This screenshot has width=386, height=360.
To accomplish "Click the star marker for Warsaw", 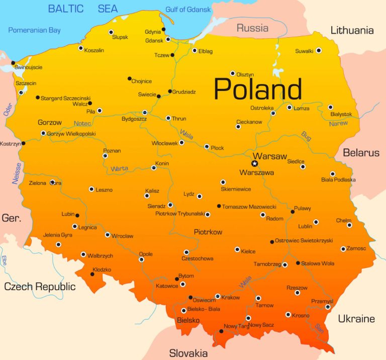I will [x=254, y=163].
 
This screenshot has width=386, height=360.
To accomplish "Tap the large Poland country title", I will [x=258, y=89].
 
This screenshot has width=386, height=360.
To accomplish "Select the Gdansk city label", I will [x=154, y=40].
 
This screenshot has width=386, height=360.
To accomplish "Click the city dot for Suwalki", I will [x=319, y=51].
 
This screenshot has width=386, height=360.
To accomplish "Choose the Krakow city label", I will [x=230, y=298].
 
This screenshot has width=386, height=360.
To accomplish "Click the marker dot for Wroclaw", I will [x=108, y=235].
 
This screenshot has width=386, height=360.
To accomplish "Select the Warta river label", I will [x=119, y=168].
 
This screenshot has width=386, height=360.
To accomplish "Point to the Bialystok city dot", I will [x=330, y=107].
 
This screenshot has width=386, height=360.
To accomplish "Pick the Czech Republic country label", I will [x=40, y=287].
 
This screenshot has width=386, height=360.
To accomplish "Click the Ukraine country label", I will [x=356, y=319].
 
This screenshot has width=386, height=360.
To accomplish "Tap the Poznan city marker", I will [x=105, y=156].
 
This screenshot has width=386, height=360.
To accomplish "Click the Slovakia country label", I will [x=188, y=352].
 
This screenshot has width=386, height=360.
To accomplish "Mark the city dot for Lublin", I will [x=316, y=222].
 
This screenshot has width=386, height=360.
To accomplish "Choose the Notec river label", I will [x=82, y=124].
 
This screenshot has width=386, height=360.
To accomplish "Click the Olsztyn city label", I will [x=245, y=74].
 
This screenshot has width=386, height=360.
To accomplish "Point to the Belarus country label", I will [x=361, y=152].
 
